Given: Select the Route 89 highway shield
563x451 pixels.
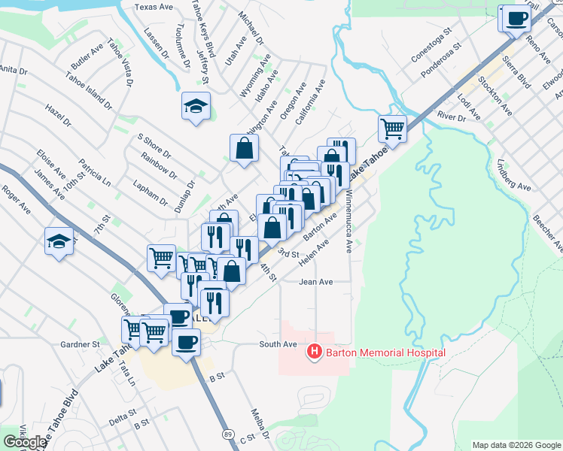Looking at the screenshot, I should [227, 434].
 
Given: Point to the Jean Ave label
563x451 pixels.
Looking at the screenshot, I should [315, 282].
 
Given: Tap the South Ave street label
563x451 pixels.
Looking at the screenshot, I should [278, 344].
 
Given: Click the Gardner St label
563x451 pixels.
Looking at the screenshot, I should [81, 344].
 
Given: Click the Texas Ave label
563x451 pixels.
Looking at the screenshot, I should [154, 7].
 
